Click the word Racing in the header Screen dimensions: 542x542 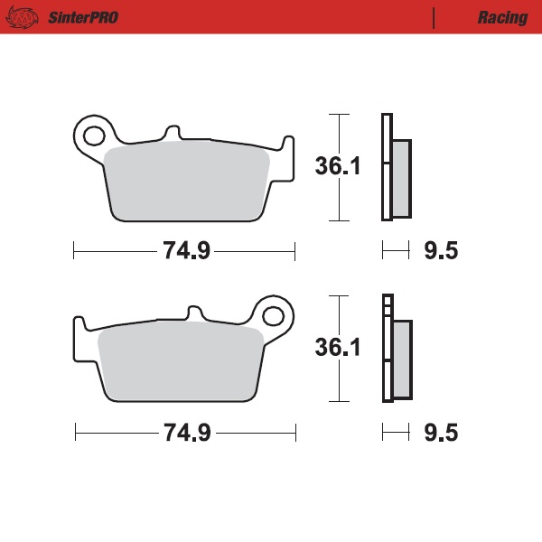click(x=502, y=17)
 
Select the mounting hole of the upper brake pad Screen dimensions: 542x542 click(x=93, y=136)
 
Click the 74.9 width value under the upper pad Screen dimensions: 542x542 click(x=186, y=251)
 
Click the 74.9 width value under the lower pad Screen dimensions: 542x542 click(x=186, y=433)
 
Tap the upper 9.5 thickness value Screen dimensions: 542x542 click(x=441, y=251)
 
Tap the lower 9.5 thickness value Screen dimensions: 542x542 click(x=441, y=433)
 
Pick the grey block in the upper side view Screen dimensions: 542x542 click(x=401, y=178)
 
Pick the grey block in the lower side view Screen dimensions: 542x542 click(x=401, y=359)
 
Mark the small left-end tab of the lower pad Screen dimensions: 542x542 click(x=79, y=327)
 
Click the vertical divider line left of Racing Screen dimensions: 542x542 click(x=435, y=17)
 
